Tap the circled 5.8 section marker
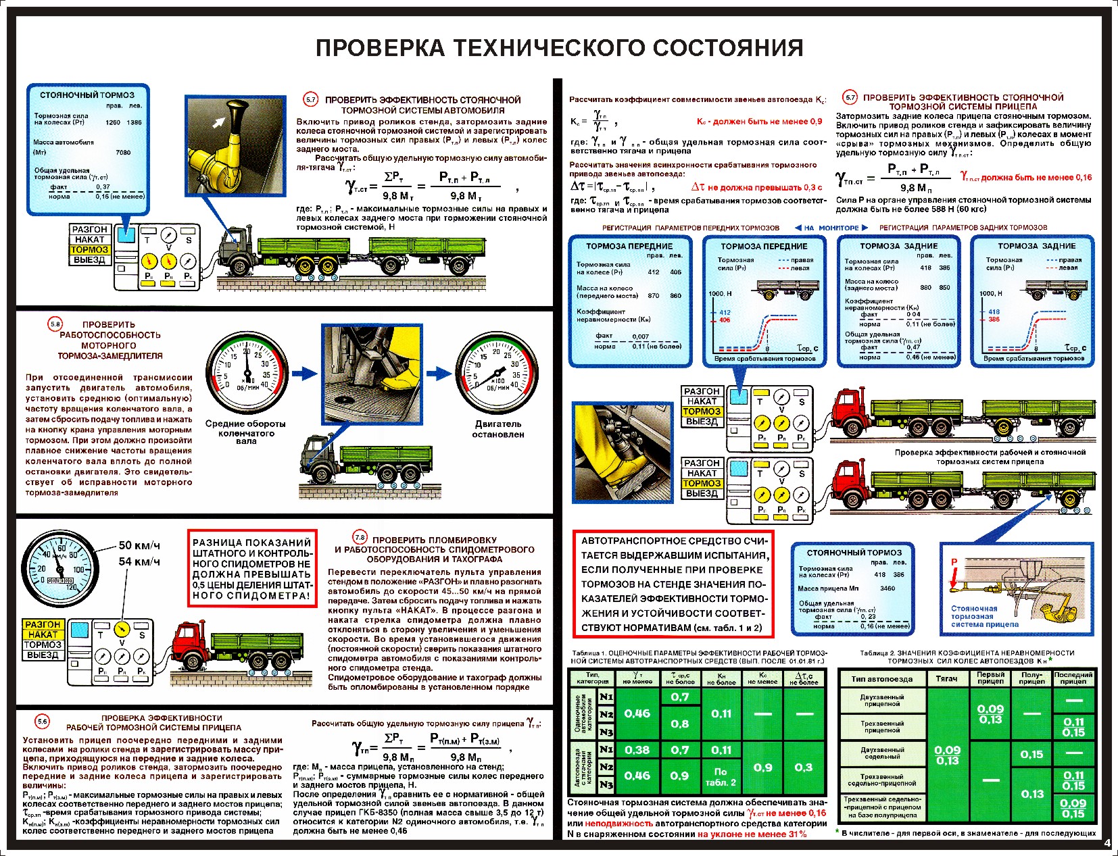[x=55, y=324]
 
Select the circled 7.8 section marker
[x=360, y=538]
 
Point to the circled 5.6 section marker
[x=43, y=722]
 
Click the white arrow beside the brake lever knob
[x=218, y=122]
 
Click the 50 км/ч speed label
[x=139, y=546]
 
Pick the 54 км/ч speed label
[x=139, y=561]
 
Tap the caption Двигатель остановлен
[x=498, y=429]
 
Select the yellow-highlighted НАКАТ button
[x=43, y=634]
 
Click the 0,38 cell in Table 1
[x=637, y=750]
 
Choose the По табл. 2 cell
[x=721, y=776]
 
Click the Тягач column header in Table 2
[x=946, y=678]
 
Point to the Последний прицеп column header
[x=1073, y=678]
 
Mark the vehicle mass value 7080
[x=123, y=152]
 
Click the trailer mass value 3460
[x=887, y=588]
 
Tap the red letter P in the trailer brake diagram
[x=954, y=562]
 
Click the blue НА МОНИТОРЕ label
[x=831, y=228]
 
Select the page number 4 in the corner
[x=1107, y=842]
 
